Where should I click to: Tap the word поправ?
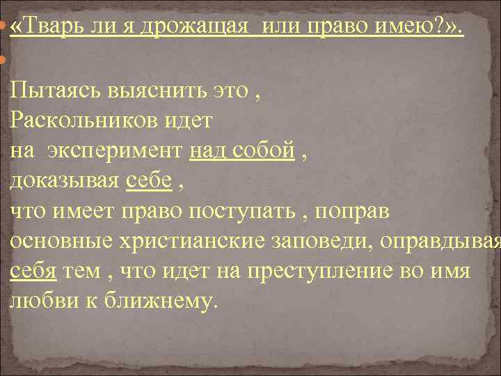click(356, 210)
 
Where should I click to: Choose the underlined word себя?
click(33, 270)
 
